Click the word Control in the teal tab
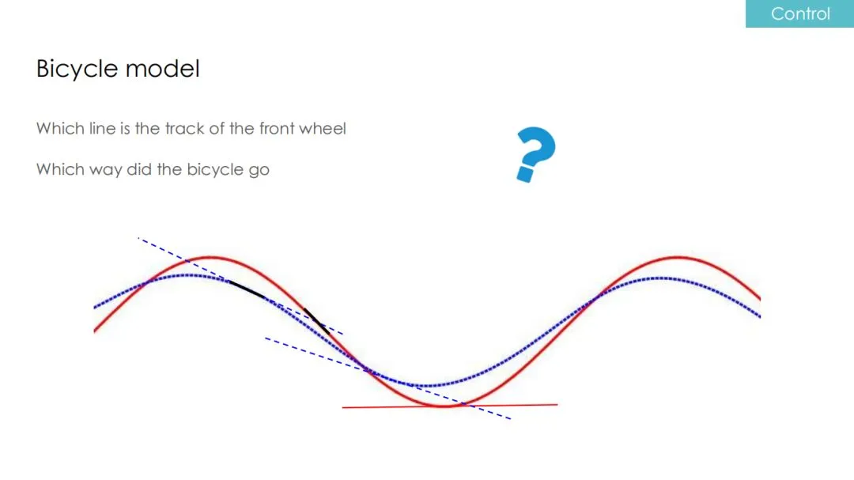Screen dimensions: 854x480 point(800,13)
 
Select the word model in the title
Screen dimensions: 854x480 point(163,69)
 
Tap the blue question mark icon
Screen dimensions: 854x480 point(536,155)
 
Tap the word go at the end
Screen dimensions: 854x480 point(259,171)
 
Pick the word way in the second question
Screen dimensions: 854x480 point(106,171)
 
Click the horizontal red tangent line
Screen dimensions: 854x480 point(450,406)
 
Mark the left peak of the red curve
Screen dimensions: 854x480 point(210,257)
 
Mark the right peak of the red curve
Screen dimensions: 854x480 point(678,257)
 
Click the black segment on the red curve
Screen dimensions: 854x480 point(317,322)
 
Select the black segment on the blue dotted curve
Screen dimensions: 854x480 point(247,289)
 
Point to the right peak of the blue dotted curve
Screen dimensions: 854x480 point(659,278)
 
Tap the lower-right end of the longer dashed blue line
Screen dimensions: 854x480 point(510,418)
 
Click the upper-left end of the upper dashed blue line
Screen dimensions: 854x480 point(138,238)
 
